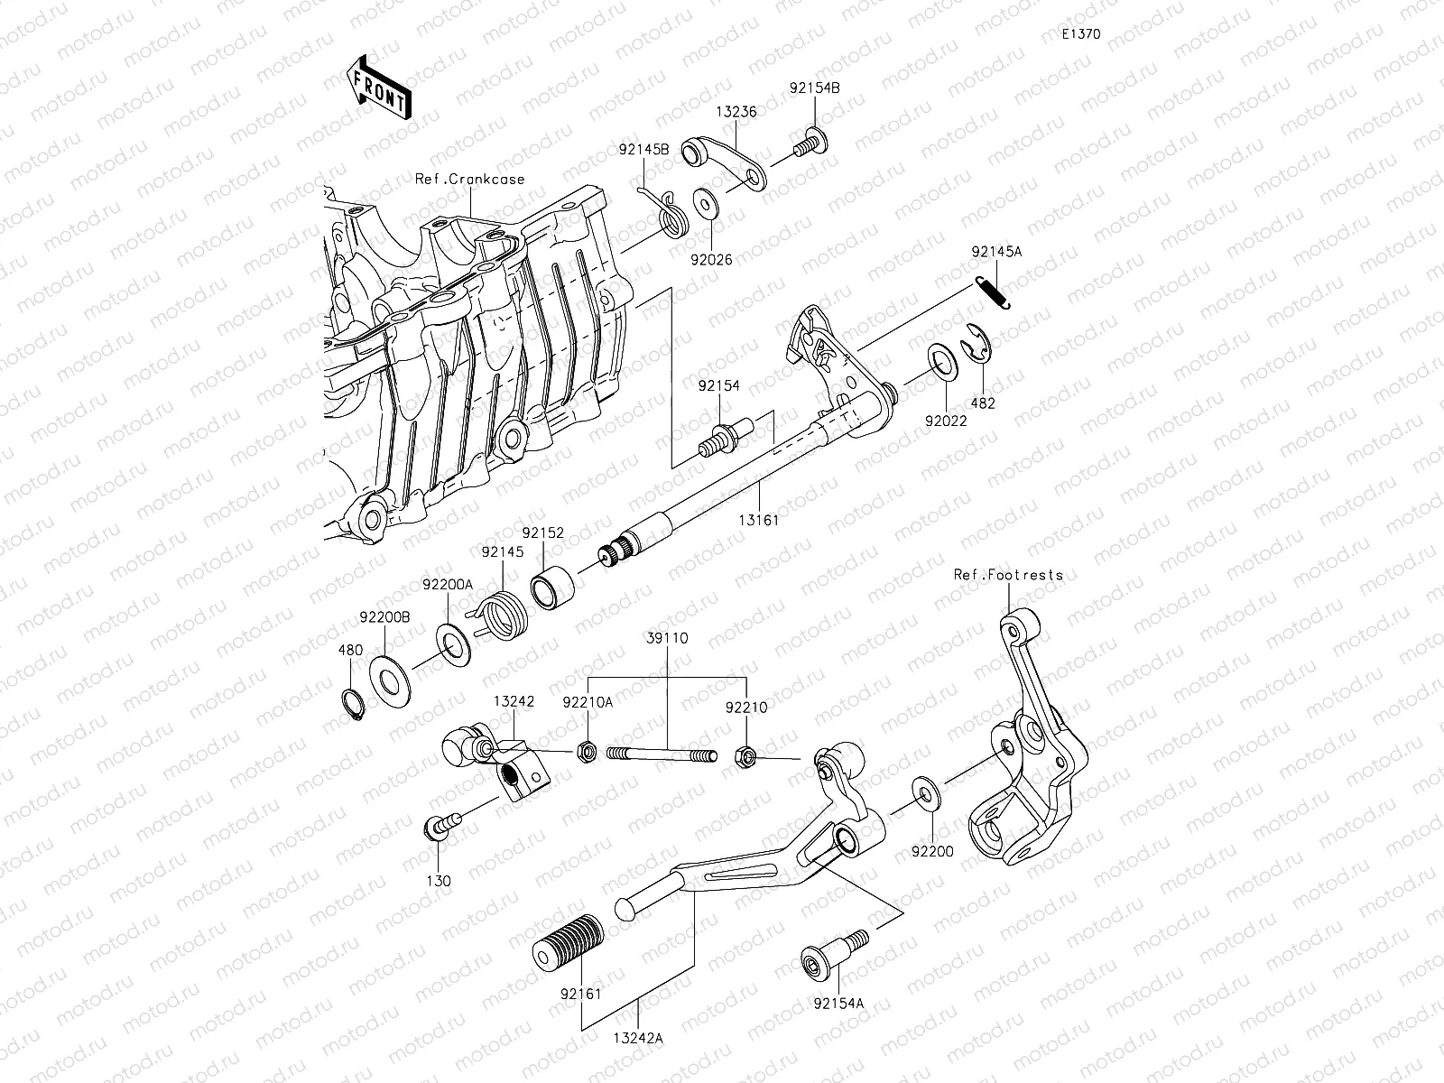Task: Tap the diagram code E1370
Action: click(1080, 34)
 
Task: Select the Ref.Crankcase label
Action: click(469, 179)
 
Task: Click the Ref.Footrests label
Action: click(1008, 574)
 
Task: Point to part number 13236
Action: click(736, 112)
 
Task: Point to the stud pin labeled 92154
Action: click(723, 433)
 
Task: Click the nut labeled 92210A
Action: click(585, 751)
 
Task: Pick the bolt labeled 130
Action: click(437, 826)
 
